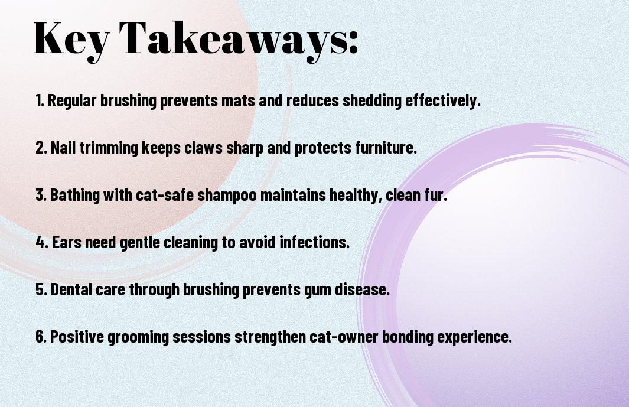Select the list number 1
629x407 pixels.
pyautogui.click(x=40, y=100)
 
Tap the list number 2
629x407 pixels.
pyautogui.click(x=41, y=148)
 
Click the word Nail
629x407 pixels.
pyautogui.click(x=63, y=147)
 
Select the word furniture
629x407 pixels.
pyautogui.click(x=386, y=148)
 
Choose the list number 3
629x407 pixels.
pyautogui.click(x=41, y=195)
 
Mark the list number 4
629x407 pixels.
pyautogui.click(x=42, y=242)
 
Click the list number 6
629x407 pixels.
pyautogui.click(x=41, y=336)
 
